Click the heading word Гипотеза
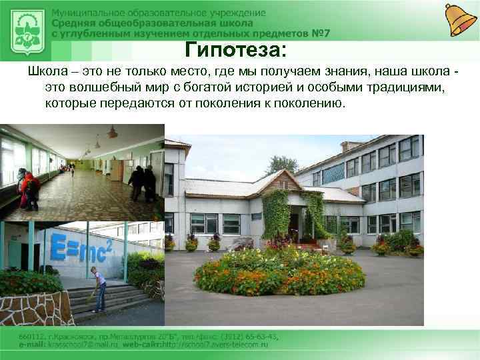[234, 50]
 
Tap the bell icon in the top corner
[460, 19]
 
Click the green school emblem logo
[26, 29]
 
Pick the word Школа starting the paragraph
[44, 71]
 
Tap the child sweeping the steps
[99, 289]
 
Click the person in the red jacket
[28, 190]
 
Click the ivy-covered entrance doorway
[294, 221]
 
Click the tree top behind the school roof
[282, 165]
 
